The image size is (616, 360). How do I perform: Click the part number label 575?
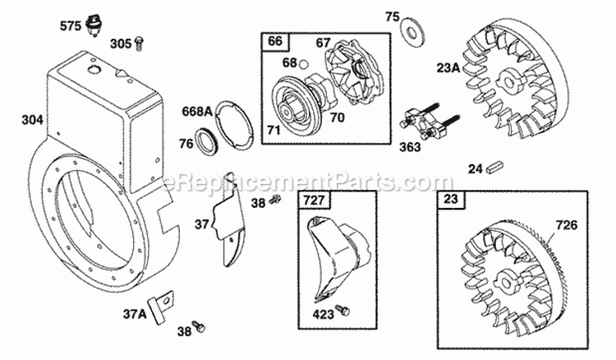coord(71,26)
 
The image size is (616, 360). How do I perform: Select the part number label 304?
coord(32,120)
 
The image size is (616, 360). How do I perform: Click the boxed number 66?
coord(273,42)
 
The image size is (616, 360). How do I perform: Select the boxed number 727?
coord(310,199)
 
